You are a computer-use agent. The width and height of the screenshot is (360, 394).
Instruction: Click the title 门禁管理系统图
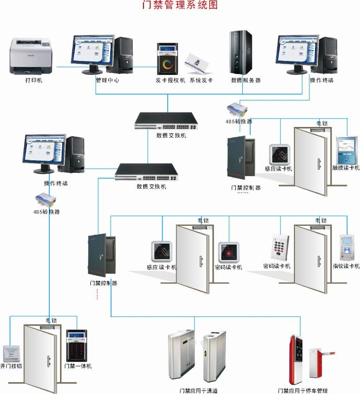tap(180, 5)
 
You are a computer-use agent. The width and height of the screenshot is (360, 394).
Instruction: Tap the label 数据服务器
tap(246, 80)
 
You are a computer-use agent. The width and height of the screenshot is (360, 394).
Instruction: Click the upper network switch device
tap(167, 121)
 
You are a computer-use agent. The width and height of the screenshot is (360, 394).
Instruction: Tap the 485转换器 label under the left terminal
tap(46, 212)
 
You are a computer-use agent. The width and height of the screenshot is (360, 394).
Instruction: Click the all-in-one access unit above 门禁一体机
tap(76, 346)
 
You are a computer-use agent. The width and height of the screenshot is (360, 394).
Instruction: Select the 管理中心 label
tap(107, 80)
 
